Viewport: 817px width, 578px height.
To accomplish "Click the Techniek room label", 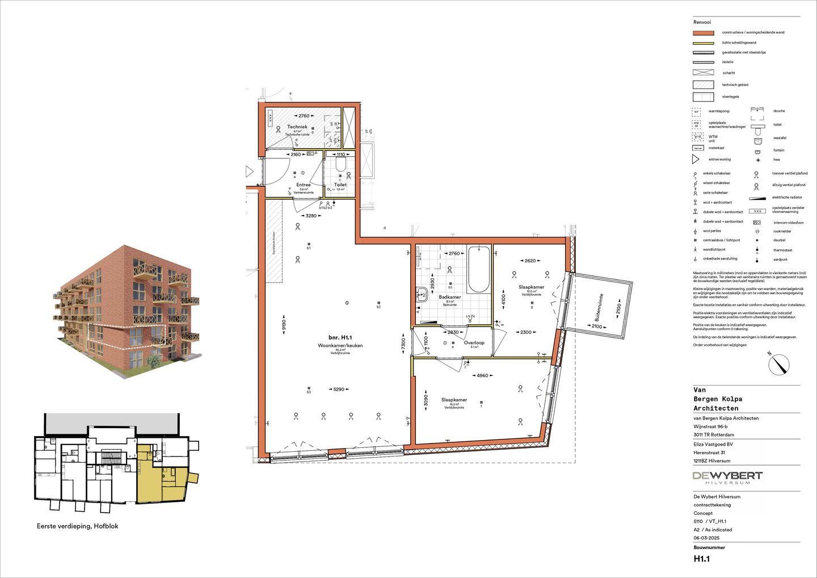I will [x=297, y=127].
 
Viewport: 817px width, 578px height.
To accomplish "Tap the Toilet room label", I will [x=340, y=185].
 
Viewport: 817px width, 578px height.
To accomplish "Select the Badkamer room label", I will [x=450, y=297].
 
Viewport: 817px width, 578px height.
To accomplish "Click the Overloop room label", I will [x=474, y=343].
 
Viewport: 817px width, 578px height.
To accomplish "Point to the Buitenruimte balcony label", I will [x=598, y=307].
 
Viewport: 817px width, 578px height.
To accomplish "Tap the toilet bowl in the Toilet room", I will [x=340, y=165].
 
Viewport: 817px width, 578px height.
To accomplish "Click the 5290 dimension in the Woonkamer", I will [x=339, y=389].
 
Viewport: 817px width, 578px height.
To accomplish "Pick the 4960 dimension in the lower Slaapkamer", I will [x=482, y=375].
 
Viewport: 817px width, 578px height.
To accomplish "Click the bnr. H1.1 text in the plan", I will [x=340, y=337].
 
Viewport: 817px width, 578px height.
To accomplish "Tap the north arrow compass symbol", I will [x=780, y=364].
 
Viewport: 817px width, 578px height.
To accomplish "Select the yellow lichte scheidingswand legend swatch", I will [x=704, y=43].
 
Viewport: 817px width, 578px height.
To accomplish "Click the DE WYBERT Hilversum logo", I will [x=727, y=478].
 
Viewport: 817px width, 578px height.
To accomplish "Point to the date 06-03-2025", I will [x=706, y=538].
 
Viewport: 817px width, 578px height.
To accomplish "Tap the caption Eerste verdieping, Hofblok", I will [x=78, y=526].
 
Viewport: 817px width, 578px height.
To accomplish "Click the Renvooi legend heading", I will [x=702, y=22].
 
